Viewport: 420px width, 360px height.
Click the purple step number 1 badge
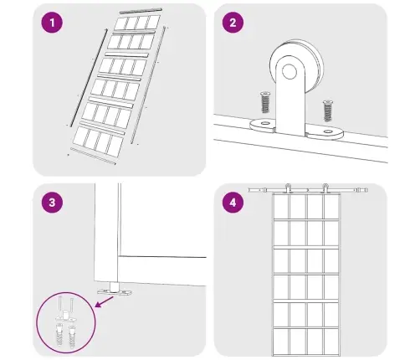tap(52, 23)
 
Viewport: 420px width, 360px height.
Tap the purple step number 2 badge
tap(233, 23)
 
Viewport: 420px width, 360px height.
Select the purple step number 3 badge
tap(52, 203)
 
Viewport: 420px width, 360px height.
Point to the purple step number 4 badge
tap(233, 203)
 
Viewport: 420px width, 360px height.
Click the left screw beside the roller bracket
tap(265, 102)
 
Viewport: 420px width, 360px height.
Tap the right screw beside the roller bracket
tap(328, 111)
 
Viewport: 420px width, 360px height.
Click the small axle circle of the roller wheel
tap(289, 71)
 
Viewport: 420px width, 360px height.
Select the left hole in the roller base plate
tap(264, 122)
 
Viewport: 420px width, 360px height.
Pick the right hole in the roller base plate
tap(328, 131)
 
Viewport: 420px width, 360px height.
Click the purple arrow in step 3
tap(104, 302)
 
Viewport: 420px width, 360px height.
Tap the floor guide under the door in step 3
tap(115, 290)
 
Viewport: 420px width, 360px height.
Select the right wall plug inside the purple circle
tap(73, 337)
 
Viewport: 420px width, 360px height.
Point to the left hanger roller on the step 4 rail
tap(288, 188)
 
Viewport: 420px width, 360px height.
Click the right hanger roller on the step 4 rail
tap(325, 188)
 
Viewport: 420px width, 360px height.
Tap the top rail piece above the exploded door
tap(141, 11)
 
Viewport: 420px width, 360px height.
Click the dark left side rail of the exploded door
tap(89, 78)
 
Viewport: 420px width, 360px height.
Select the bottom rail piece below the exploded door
tap(93, 157)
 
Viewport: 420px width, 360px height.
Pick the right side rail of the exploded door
tap(148, 85)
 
